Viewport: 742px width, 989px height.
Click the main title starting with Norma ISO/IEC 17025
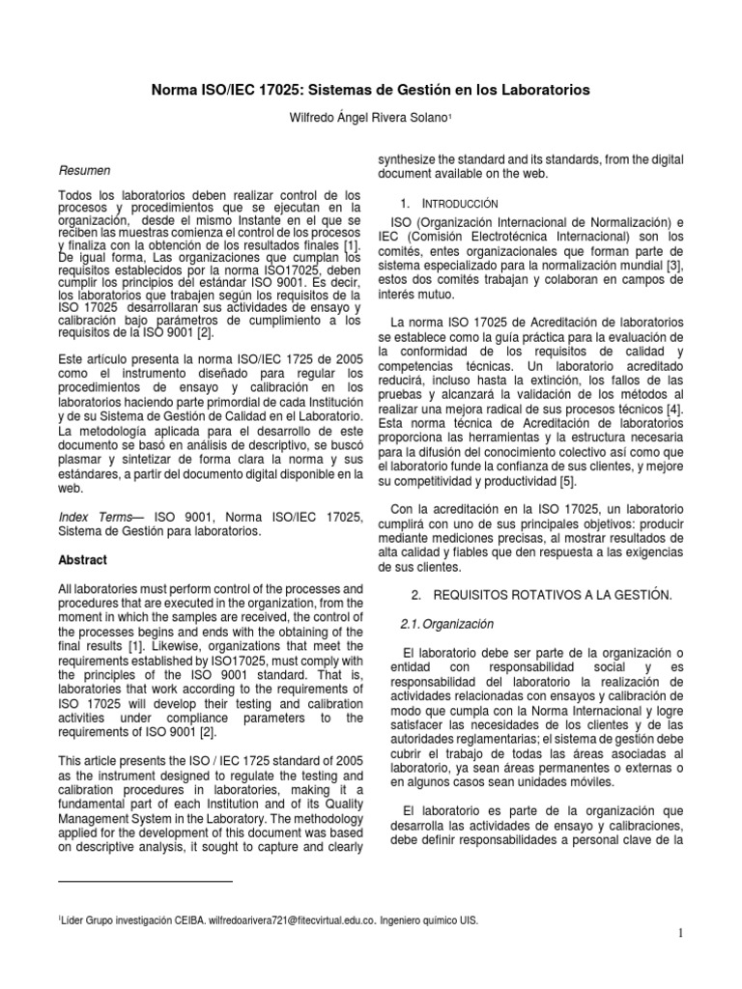pos(371,89)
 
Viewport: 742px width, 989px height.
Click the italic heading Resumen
pos(85,169)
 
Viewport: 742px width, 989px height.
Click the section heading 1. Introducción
pos(448,204)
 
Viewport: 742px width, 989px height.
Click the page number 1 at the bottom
pos(680,932)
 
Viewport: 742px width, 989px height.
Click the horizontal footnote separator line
pos(145,881)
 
